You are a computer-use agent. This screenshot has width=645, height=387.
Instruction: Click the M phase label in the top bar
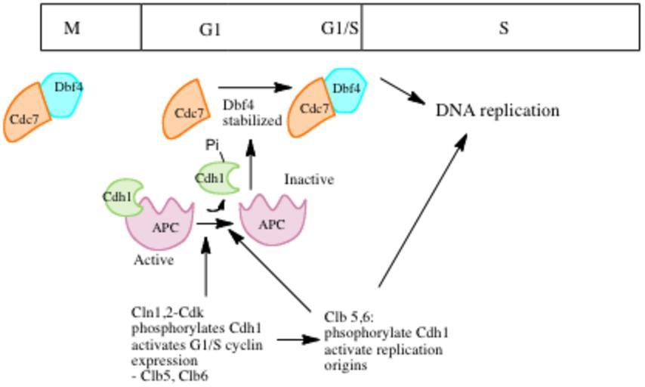click(72, 29)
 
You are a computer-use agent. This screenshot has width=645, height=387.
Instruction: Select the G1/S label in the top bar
click(341, 29)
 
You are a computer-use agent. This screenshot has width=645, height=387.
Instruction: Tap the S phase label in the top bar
click(503, 29)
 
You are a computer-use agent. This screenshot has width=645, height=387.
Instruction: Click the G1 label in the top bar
click(210, 29)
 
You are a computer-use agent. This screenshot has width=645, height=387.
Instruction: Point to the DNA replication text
click(498, 110)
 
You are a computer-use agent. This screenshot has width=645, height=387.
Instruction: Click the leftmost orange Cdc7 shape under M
click(26, 116)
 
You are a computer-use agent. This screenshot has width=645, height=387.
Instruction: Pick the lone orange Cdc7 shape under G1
click(189, 111)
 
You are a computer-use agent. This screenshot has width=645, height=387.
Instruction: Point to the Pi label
click(212, 144)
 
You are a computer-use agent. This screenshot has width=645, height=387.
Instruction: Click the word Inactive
click(309, 180)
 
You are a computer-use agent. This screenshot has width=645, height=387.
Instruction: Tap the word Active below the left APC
click(154, 260)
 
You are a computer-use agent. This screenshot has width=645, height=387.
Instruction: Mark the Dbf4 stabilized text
click(252, 113)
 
